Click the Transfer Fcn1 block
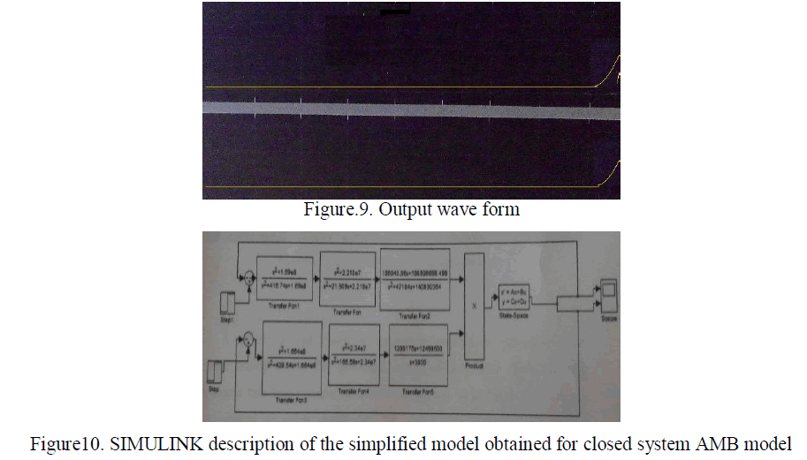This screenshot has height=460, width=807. [284, 277]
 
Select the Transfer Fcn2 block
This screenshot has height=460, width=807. [415, 281]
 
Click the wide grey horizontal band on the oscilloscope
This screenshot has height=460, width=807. [407, 108]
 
